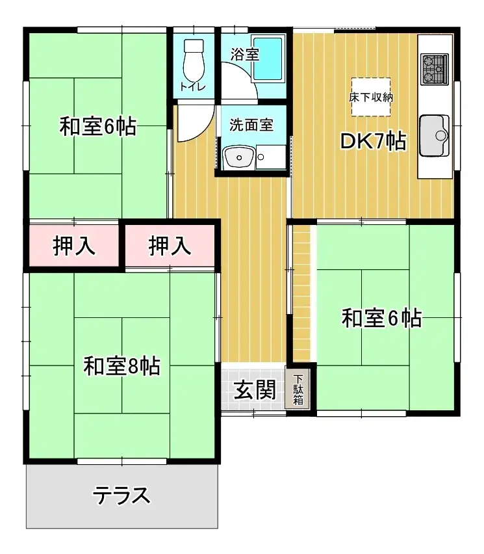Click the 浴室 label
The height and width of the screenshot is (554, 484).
pyautogui.click(x=245, y=55)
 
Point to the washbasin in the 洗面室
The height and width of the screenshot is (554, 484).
pyautogui.click(x=238, y=157)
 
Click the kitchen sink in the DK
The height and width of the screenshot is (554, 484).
pyautogui.click(x=435, y=135)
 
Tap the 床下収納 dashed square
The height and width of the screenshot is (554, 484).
pyautogui.click(x=371, y=97)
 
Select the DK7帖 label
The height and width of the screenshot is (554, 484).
pyautogui.click(x=374, y=141)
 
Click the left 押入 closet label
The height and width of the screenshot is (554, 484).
pyautogui.click(x=74, y=246)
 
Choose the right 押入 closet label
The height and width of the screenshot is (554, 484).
pyautogui.click(x=170, y=246)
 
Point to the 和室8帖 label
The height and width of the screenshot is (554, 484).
pyautogui.click(x=121, y=367)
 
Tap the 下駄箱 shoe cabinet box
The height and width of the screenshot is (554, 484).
pyautogui.click(x=298, y=390)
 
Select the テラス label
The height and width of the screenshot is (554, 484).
pyautogui.click(x=121, y=496)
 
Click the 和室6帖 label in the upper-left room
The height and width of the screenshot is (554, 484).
pyautogui.click(x=97, y=127)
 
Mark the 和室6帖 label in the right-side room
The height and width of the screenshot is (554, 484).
pyautogui.click(x=382, y=319)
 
